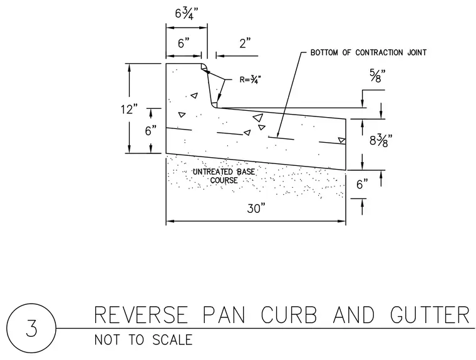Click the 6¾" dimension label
pyautogui.click(x=187, y=14)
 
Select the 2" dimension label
pyautogui.click(x=245, y=43)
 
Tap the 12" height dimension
pyautogui.click(x=129, y=110)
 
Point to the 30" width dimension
pyautogui.click(x=256, y=208)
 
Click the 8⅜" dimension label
pyautogui.click(x=381, y=140)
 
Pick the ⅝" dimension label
pyautogui.click(x=377, y=76)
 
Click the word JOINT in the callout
pyautogui.click(x=416, y=53)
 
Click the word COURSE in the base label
pyautogui.click(x=224, y=180)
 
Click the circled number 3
pyautogui.click(x=31, y=328)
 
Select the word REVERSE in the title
pyautogui.click(x=141, y=315)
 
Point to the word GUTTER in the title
pyautogui.click(x=430, y=315)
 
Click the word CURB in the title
pyautogui.click(x=289, y=315)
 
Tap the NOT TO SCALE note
pyautogui.click(x=143, y=340)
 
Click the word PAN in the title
pyautogui.click(x=224, y=315)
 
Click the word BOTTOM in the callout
pyautogui.click(x=324, y=53)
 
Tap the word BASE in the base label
pyautogui.click(x=246, y=172)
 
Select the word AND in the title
pyautogui.click(x=354, y=315)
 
